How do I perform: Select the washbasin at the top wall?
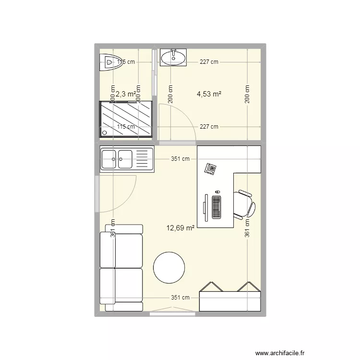[173, 57]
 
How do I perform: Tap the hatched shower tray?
[126, 120]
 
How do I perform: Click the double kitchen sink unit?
[126, 159]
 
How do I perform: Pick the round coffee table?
[169, 268]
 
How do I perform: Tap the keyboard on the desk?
[216, 206]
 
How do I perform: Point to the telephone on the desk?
[210, 168]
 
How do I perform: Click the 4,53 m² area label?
[209, 95]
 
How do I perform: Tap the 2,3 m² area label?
[126, 95]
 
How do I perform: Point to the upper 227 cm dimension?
[209, 61]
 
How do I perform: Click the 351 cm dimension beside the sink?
[180, 159]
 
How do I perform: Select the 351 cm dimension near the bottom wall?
[180, 298]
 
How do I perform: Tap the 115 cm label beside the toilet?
[126, 61]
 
